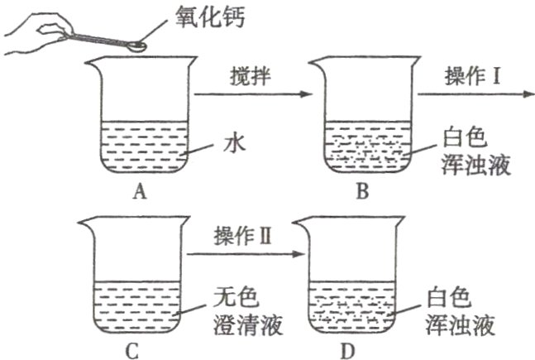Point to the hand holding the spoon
coord(33,33)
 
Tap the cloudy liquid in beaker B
coord(364,149)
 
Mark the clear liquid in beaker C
coord(132,306)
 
